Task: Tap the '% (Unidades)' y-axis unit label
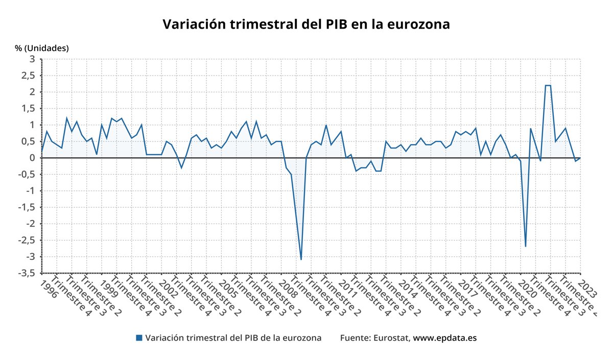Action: [x=41, y=48]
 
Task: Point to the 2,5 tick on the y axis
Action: [x=28, y=76]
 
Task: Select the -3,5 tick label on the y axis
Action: [x=26, y=273]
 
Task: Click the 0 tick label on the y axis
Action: [x=32, y=158]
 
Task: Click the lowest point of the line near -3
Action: [x=301, y=259]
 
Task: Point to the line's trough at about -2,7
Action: [x=525, y=247]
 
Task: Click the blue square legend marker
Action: [x=139, y=338]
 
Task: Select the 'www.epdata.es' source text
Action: [x=444, y=338]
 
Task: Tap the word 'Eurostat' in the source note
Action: [x=391, y=338]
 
